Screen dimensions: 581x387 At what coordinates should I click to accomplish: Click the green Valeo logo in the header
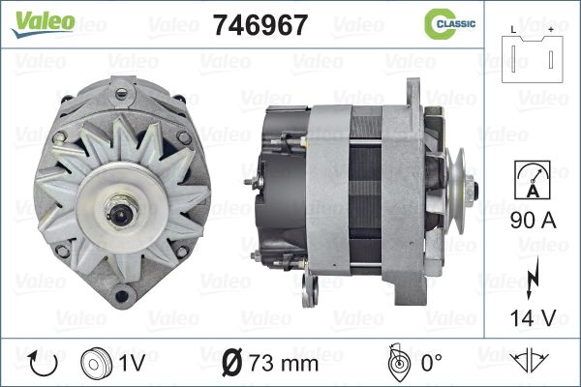click(x=44, y=24)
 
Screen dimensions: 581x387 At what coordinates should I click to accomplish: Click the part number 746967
click(x=260, y=25)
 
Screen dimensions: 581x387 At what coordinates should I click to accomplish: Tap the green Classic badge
click(x=449, y=24)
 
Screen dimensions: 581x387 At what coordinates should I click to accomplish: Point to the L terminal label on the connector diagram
click(x=513, y=30)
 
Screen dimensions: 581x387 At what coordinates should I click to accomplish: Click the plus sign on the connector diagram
click(x=551, y=30)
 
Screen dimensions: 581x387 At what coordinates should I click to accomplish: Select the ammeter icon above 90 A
click(x=533, y=180)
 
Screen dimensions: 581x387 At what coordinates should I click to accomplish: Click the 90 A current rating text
click(x=534, y=220)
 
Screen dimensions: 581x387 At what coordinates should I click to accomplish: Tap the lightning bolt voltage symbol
click(x=532, y=278)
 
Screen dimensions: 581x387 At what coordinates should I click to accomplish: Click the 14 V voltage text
click(x=534, y=317)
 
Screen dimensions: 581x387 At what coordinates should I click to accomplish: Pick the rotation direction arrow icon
click(x=44, y=364)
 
